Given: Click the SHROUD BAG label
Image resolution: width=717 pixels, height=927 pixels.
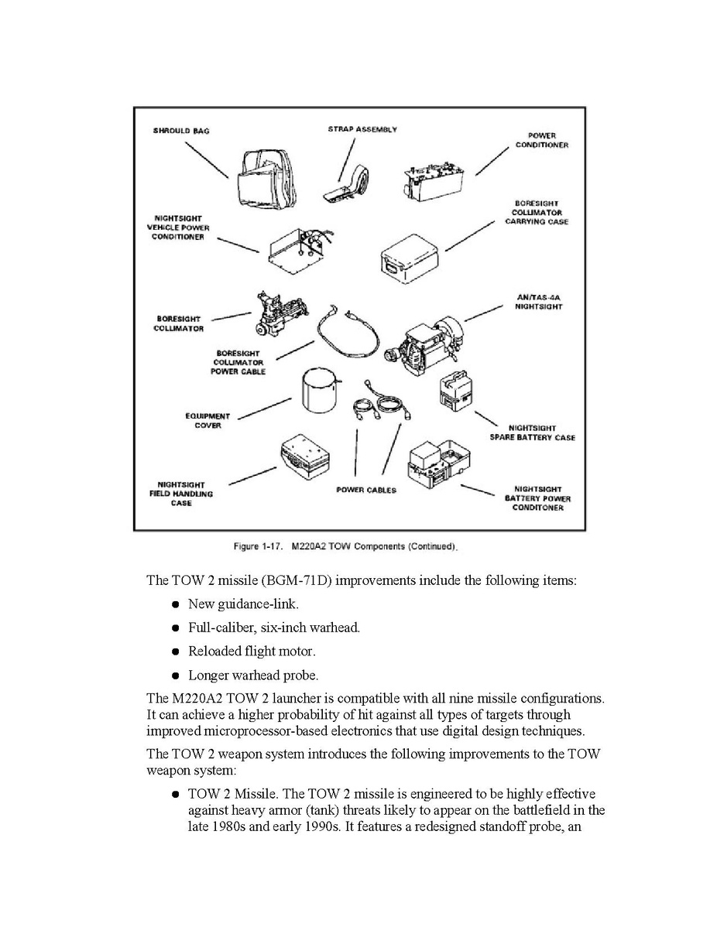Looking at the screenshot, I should pos(180,131).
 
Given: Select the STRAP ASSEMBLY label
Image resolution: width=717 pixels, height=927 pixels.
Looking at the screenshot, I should pos(362,129).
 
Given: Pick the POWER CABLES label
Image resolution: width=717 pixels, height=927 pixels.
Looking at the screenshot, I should pos(366,490).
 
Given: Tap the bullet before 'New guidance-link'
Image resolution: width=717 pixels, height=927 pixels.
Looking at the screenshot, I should pos(177,604).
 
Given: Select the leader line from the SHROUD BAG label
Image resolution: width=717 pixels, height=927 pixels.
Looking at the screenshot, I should pos(206,159).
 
